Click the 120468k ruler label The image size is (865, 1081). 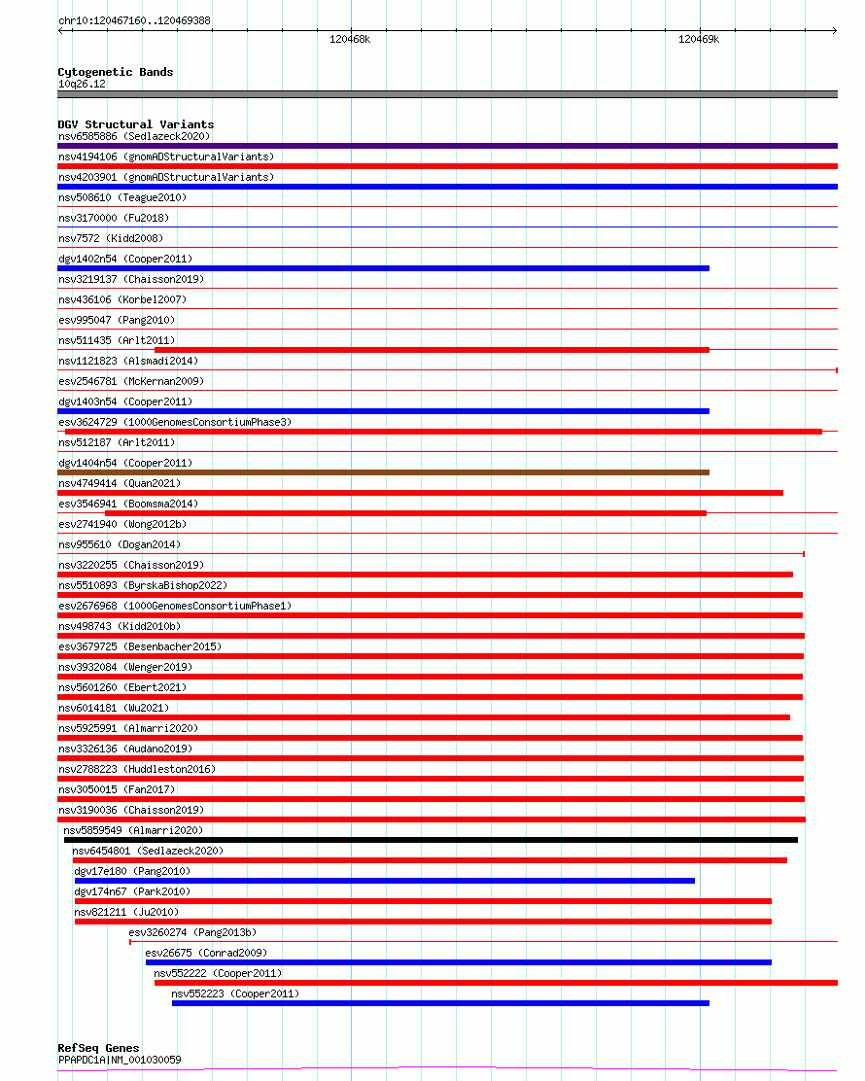(x=350, y=40)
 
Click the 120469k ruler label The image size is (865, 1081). (x=699, y=40)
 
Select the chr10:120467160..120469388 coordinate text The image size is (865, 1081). (x=134, y=20)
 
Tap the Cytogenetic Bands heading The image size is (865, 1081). (x=115, y=72)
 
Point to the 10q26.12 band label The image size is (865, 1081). (x=82, y=84)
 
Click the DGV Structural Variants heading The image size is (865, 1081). (x=135, y=124)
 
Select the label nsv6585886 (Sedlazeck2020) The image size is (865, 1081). (x=133, y=136)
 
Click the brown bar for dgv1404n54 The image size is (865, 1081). (x=383, y=472)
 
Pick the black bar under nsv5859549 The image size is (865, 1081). (x=431, y=840)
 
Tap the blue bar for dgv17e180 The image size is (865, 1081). (x=385, y=881)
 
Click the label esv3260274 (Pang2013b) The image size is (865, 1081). (x=192, y=932)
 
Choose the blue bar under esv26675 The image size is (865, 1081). (x=458, y=962)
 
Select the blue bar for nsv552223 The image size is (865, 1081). (x=440, y=1003)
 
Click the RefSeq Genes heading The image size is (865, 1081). (x=98, y=1048)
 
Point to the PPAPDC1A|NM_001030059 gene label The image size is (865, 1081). (x=120, y=1060)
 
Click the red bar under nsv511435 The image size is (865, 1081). (x=432, y=350)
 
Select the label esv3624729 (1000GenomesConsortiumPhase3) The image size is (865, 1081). (x=174, y=422)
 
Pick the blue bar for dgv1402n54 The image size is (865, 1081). (x=383, y=268)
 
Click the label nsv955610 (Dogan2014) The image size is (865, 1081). (x=120, y=544)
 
